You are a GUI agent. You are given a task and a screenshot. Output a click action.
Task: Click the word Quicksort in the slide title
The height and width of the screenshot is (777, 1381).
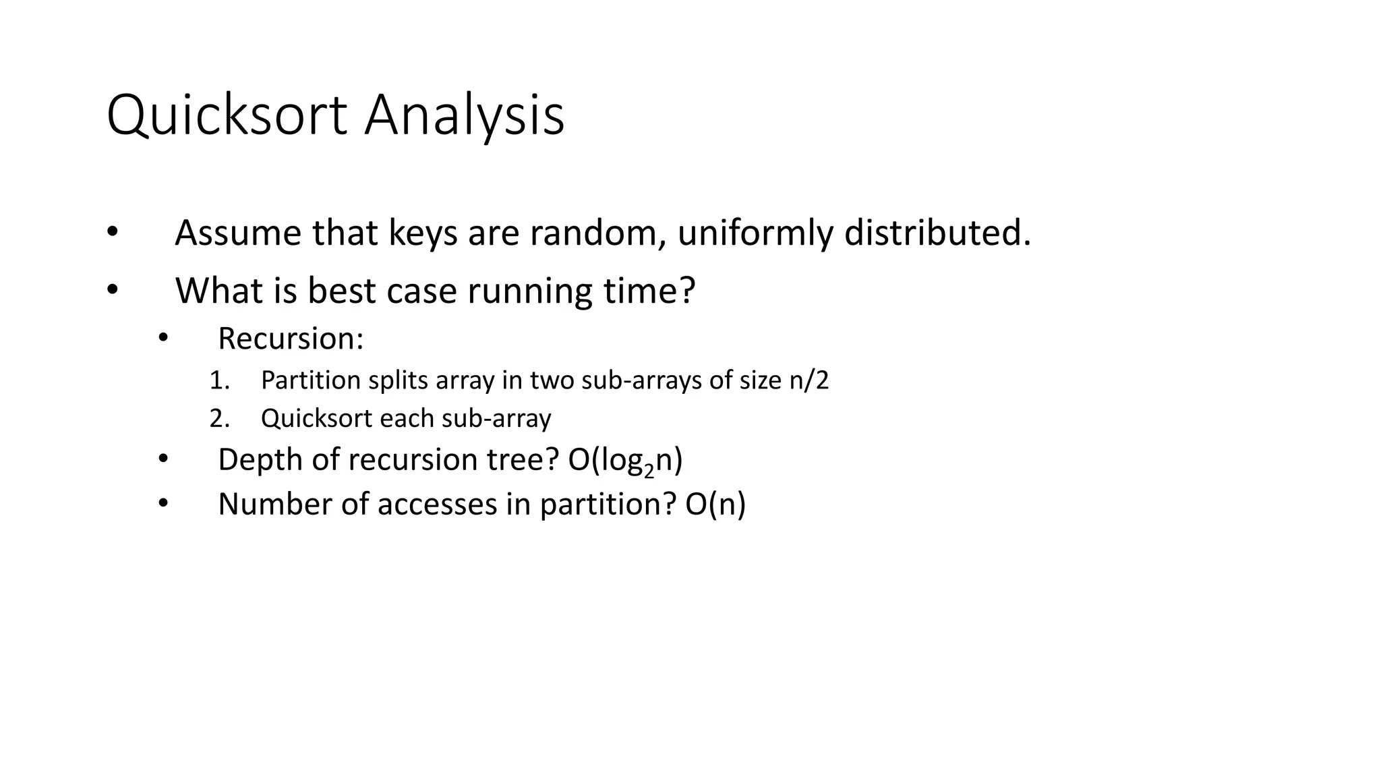pyautogui.click(x=227, y=116)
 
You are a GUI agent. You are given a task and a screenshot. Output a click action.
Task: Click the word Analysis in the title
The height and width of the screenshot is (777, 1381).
pyautogui.click(x=464, y=116)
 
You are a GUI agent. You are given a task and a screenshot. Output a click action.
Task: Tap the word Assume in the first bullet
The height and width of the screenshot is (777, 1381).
pyautogui.click(x=237, y=233)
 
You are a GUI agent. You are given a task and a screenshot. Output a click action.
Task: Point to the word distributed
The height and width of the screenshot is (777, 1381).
pyautogui.click(x=937, y=233)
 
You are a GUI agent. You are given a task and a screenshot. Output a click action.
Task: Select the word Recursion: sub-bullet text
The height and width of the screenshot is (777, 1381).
pyautogui.click(x=291, y=339)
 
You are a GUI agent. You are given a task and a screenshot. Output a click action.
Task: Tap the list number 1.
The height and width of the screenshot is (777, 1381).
pyautogui.click(x=218, y=380)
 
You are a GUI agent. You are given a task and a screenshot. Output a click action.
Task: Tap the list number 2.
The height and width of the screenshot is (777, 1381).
pyautogui.click(x=218, y=419)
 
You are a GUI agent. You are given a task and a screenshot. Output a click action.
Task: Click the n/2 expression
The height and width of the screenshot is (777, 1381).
pyautogui.click(x=809, y=380)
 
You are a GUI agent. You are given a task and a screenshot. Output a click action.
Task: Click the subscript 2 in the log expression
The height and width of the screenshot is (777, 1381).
pyautogui.click(x=649, y=470)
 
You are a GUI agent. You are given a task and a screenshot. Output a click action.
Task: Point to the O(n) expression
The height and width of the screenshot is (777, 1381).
pyautogui.click(x=715, y=505)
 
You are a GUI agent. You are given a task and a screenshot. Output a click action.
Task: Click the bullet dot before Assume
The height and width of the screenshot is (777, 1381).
pyautogui.click(x=112, y=233)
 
